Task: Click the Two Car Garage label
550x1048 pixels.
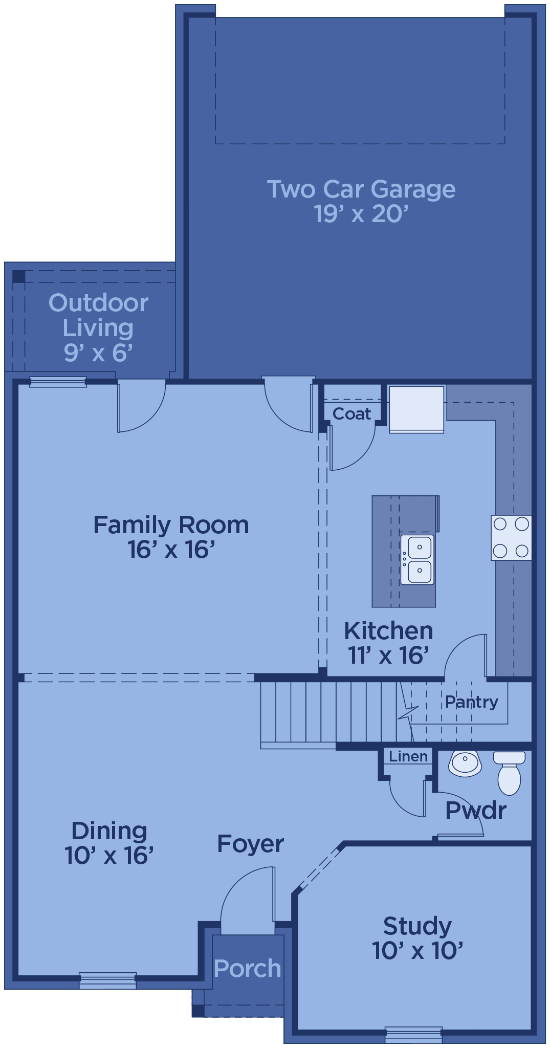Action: click(361, 201)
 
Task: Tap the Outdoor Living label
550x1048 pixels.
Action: click(98, 327)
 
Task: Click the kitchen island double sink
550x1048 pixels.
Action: click(417, 559)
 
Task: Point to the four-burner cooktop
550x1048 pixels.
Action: click(511, 537)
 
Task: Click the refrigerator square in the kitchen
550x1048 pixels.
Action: click(416, 409)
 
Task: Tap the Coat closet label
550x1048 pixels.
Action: click(351, 413)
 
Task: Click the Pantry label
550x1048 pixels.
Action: click(471, 702)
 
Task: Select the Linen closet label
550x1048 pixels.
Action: click(408, 756)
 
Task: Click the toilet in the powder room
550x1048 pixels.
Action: click(509, 773)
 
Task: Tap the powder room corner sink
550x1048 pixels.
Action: click(465, 763)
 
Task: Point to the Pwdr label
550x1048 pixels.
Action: click(475, 811)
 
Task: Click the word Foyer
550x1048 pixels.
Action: click(250, 844)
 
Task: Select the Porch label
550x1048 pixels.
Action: click(248, 968)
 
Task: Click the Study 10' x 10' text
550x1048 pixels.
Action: click(417, 938)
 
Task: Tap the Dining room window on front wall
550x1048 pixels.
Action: click(107, 980)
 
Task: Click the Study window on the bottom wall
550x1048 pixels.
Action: click(413, 1034)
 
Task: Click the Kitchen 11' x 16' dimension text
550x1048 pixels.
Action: click(388, 655)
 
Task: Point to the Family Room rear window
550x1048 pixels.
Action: click(58, 382)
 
